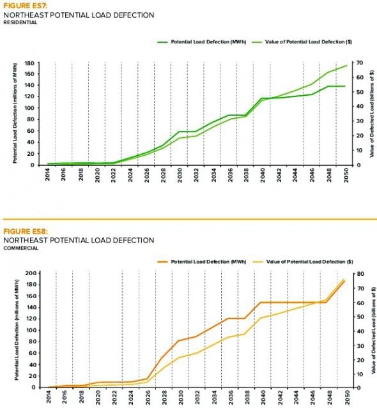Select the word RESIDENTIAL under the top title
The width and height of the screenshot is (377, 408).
20,22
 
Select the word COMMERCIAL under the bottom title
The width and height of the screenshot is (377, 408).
20,248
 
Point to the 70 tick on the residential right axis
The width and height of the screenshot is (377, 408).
360,63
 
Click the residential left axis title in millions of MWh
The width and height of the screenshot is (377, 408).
15,114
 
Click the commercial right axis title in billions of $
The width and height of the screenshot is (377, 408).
371,329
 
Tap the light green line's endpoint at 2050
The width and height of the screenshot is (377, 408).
346,66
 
